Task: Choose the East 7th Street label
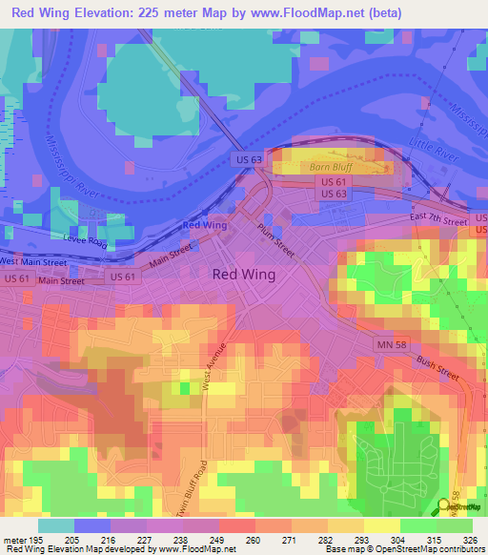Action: [438, 220]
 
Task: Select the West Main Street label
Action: [32, 260]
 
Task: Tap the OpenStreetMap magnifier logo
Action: [444, 506]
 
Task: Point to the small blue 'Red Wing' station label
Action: [204, 225]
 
